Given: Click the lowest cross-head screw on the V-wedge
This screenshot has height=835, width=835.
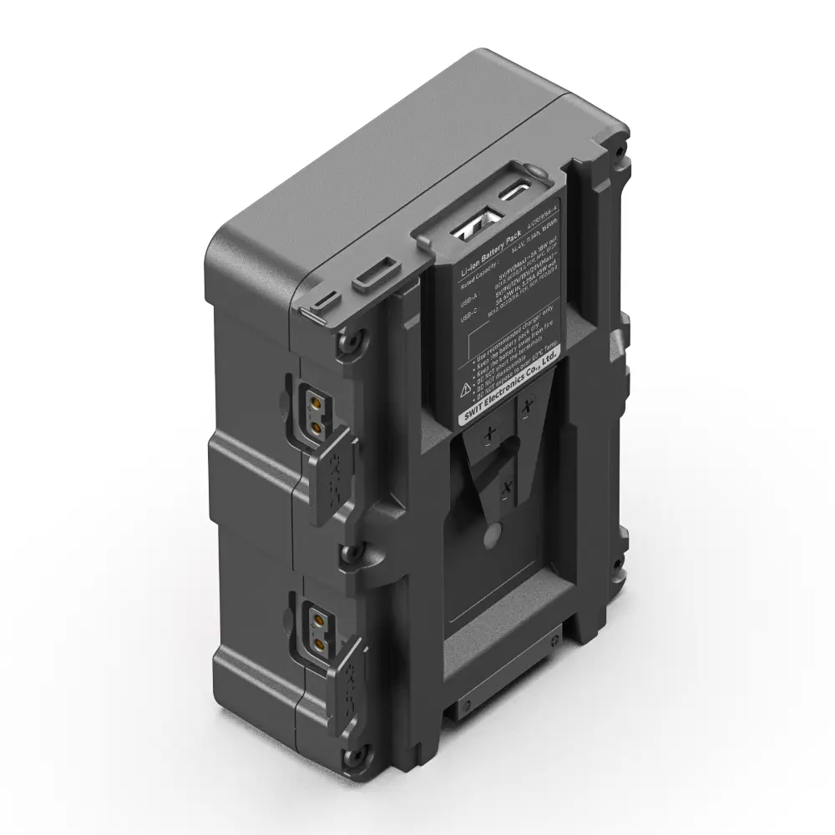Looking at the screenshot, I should tap(504, 485).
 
